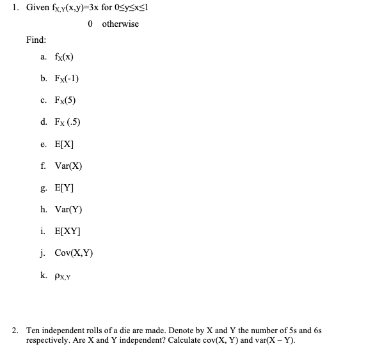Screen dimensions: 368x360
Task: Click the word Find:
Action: click(36, 40)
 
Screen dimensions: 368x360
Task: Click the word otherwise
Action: click(120, 24)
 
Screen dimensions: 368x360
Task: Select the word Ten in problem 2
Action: click(33, 331)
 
